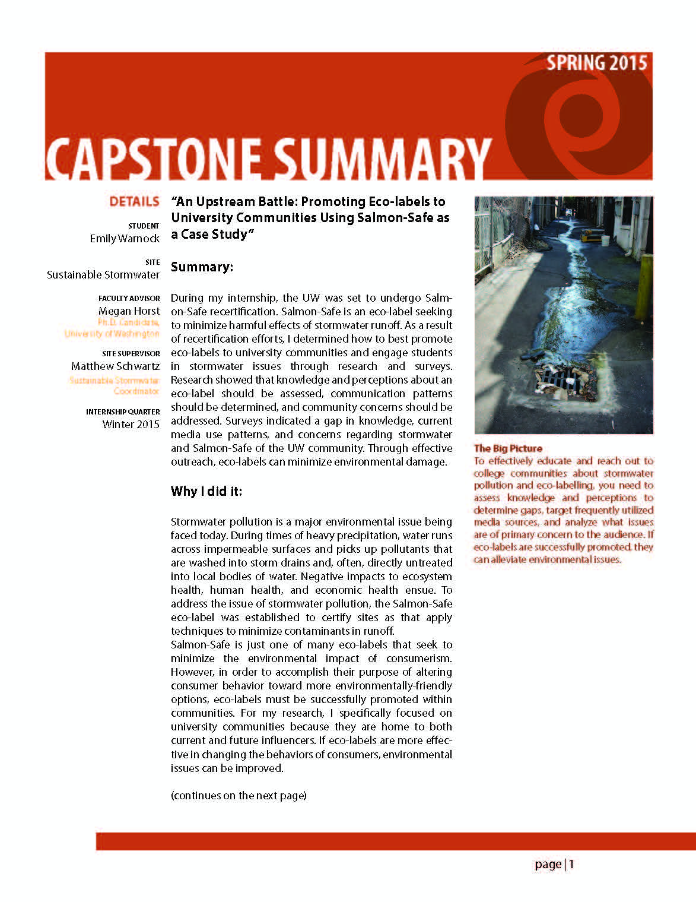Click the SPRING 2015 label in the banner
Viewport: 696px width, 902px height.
pos(596,63)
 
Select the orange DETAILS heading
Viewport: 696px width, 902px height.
pos(134,202)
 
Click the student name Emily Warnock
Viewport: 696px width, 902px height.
pos(125,239)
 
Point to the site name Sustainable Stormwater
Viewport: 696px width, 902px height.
pos(103,275)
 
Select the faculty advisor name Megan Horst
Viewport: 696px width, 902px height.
pos(129,311)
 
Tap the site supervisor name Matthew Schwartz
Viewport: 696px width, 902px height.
pos(115,366)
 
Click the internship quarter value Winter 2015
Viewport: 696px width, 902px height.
pos(131,425)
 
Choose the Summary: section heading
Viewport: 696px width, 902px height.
pos(202,267)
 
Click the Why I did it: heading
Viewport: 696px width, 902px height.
pos(206,492)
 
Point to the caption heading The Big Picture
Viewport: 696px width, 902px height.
pos(508,448)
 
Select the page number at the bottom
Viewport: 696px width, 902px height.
pos(554,865)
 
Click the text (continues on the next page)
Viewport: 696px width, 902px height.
pos(239,796)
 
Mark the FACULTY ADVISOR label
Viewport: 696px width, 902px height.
pos(129,298)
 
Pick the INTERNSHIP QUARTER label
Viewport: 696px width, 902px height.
pos(123,412)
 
